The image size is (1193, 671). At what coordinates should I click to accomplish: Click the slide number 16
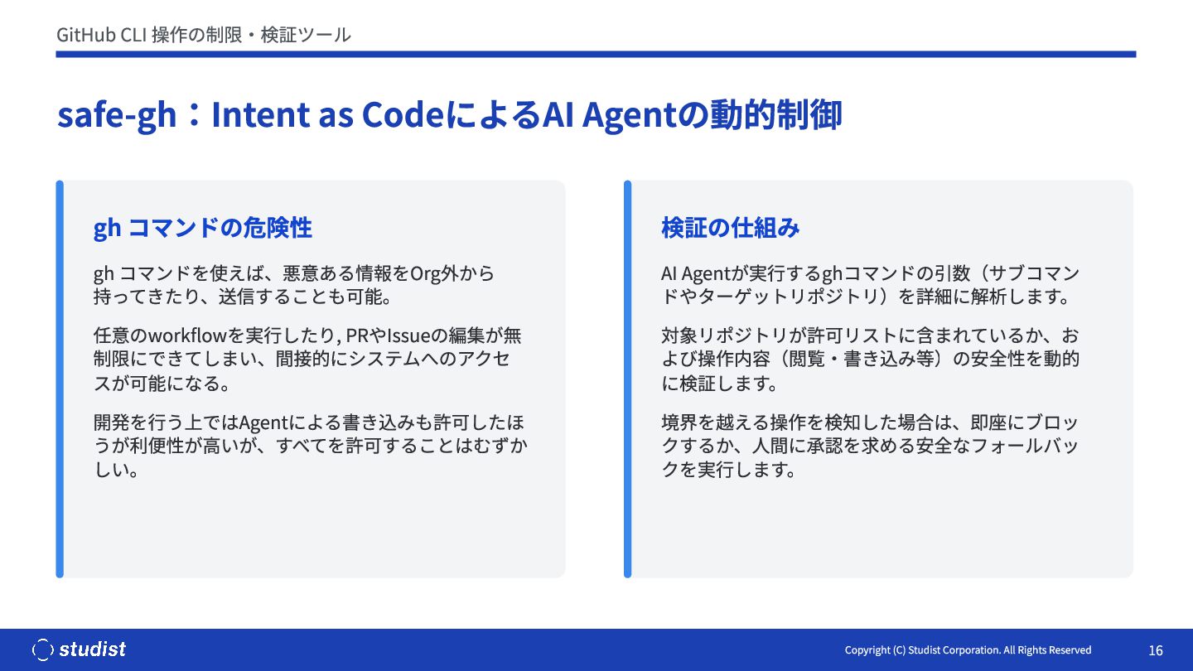pos(1156,650)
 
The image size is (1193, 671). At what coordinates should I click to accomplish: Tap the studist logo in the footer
pos(79,649)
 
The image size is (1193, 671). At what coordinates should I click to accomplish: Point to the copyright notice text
pos(968,650)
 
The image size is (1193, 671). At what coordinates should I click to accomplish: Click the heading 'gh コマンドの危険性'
pos(202,228)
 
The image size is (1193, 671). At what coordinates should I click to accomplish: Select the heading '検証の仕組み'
pos(730,228)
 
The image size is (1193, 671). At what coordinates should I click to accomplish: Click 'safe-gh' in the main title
pos(117,114)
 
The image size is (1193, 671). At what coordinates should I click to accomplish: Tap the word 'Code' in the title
pos(403,114)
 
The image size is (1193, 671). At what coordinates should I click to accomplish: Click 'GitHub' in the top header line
pos(86,35)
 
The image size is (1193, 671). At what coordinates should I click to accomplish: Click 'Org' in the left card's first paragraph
pos(425,273)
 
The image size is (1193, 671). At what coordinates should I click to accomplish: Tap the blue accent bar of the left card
pos(60,379)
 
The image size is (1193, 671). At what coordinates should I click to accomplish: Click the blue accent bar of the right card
pos(627,379)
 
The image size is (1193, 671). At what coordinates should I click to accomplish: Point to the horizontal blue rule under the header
pos(596,55)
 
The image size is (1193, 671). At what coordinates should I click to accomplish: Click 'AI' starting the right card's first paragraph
pos(669,273)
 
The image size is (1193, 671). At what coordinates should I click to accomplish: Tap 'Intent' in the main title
pos(261,114)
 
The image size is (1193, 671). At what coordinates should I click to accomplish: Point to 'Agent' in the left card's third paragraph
pos(263,423)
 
